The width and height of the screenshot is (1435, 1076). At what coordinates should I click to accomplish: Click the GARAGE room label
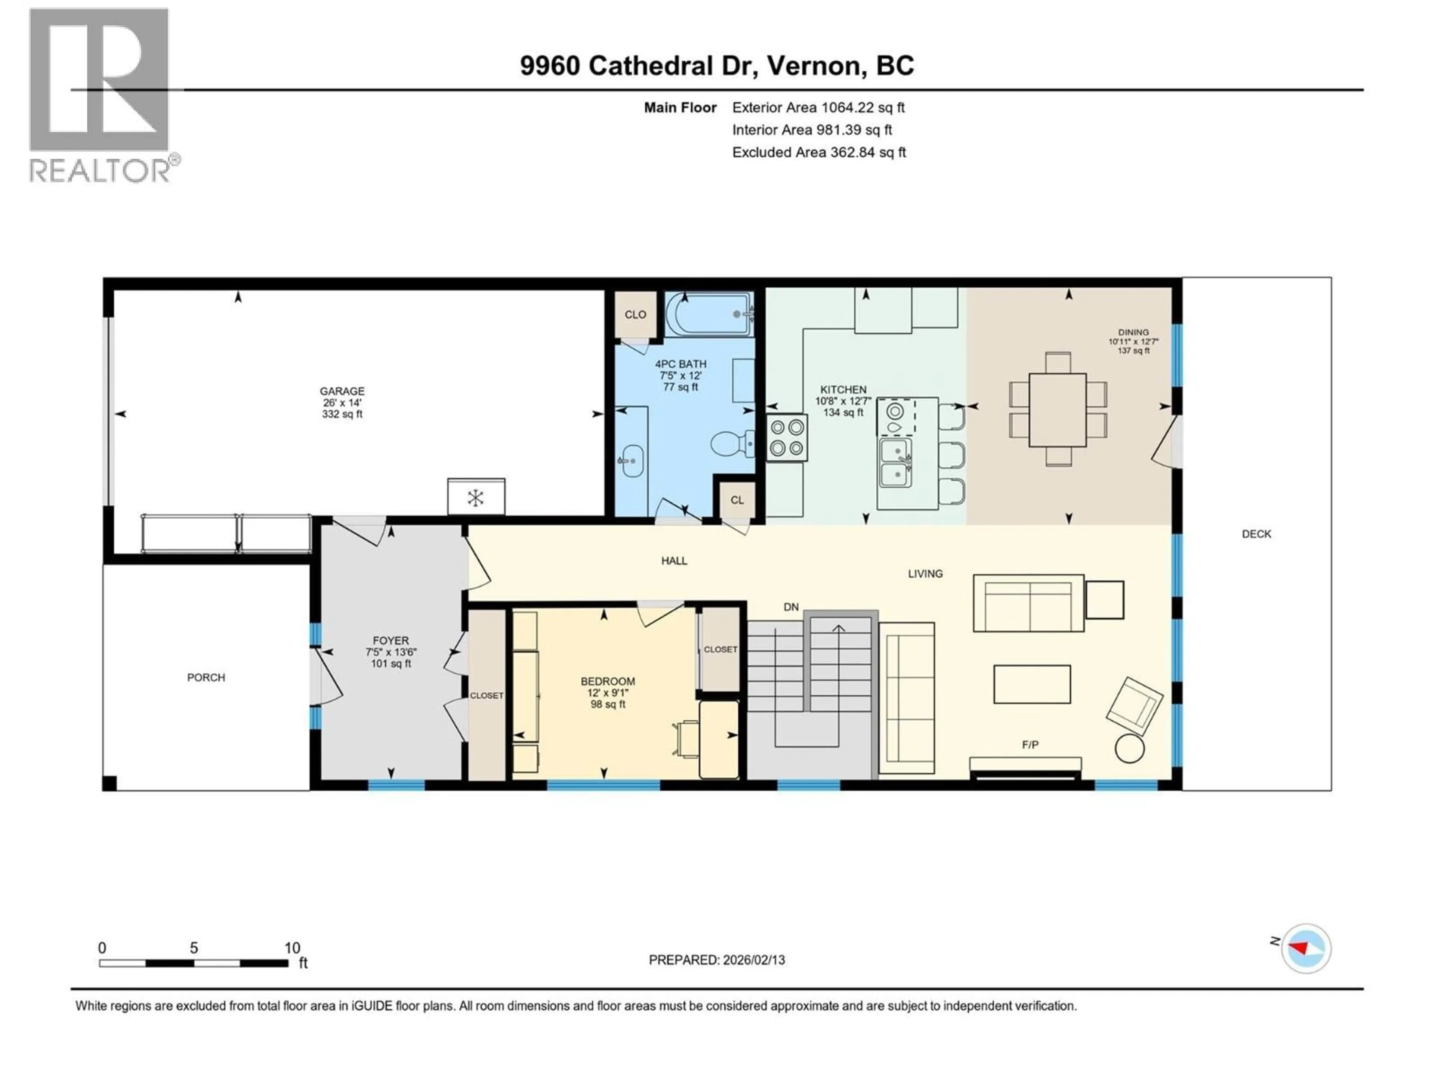(342, 391)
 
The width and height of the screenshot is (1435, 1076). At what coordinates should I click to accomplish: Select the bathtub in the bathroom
(709, 315)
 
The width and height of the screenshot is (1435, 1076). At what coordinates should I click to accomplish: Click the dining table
(1058, 410)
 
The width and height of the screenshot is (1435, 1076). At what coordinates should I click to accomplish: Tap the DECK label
(1256, 534)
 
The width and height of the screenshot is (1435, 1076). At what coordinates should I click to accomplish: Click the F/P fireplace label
(1030, 745)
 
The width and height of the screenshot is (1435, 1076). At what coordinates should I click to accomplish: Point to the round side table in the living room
(1129, 748)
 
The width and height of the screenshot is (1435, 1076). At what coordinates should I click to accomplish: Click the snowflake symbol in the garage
(475, 498)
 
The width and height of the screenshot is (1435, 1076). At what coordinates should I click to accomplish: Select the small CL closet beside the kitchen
(737, 500)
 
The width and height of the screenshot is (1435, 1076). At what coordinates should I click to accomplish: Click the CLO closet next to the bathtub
(635, 315)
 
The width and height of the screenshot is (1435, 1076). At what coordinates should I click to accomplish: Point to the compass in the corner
(1306, 948)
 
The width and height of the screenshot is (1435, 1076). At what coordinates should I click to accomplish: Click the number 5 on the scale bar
(193, 947)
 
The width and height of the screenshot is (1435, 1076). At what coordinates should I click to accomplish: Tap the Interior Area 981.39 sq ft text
(812, 130)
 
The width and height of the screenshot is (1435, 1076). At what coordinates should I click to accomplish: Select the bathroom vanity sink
(630, 461)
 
